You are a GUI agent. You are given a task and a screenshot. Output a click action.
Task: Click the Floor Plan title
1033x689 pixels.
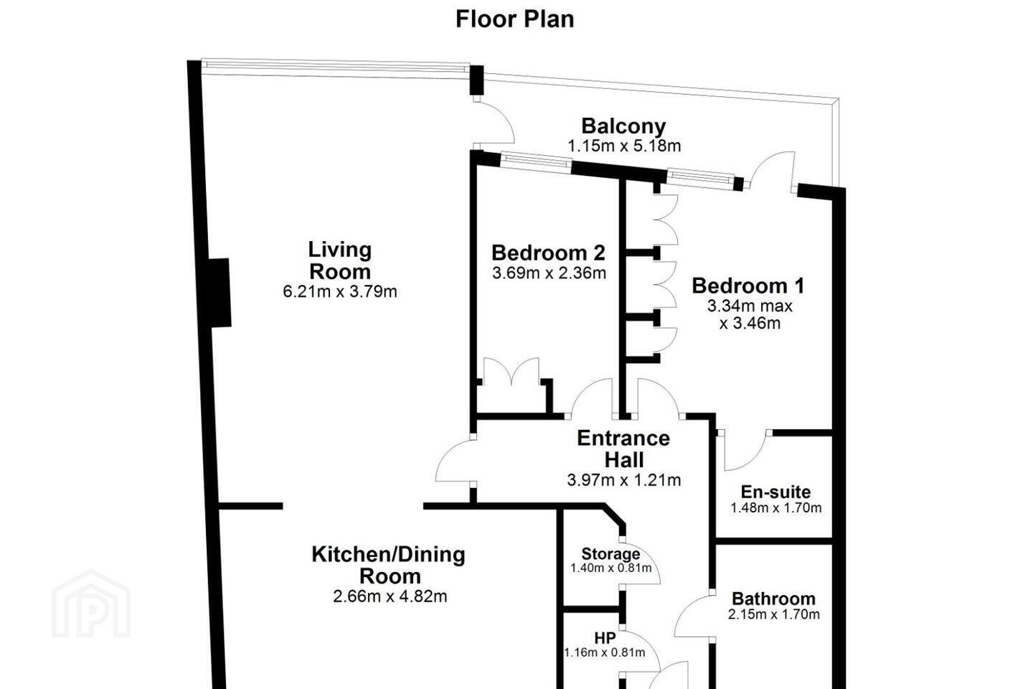point(514,19)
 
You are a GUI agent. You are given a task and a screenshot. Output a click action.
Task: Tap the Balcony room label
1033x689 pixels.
point(623,126)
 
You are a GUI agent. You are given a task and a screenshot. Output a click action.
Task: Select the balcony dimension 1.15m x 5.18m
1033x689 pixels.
point(624,146)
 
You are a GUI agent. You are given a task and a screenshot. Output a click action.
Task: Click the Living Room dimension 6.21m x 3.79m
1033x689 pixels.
point(340,291)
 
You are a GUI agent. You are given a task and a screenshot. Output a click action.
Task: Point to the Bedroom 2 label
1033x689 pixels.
point(548,253)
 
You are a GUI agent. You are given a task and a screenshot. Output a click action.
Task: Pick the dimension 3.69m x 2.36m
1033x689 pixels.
point(549,273)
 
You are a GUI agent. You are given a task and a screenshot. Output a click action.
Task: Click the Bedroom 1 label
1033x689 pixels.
point(748,286)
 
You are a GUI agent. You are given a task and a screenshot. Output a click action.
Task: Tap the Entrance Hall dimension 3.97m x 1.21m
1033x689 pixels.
point(623,480)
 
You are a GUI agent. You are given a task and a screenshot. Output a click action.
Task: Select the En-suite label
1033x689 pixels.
point(775,492)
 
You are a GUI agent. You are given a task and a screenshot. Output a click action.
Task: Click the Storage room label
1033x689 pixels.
point(610,554)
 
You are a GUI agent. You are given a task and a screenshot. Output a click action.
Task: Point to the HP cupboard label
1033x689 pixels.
point(605,638)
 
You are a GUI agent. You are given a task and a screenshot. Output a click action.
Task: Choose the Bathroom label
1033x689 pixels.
point(774,599)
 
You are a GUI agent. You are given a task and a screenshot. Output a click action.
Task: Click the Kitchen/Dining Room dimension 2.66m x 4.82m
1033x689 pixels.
point(390,596)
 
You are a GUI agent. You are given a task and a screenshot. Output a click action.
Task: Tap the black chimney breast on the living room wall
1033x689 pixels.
point(220,293)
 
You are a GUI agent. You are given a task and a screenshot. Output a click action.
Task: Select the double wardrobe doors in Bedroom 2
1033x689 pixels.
point(511,372)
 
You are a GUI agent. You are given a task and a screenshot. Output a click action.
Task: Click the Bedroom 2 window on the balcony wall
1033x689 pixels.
point(535,161)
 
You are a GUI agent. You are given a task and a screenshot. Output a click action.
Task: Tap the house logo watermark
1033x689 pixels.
point(91,604)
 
